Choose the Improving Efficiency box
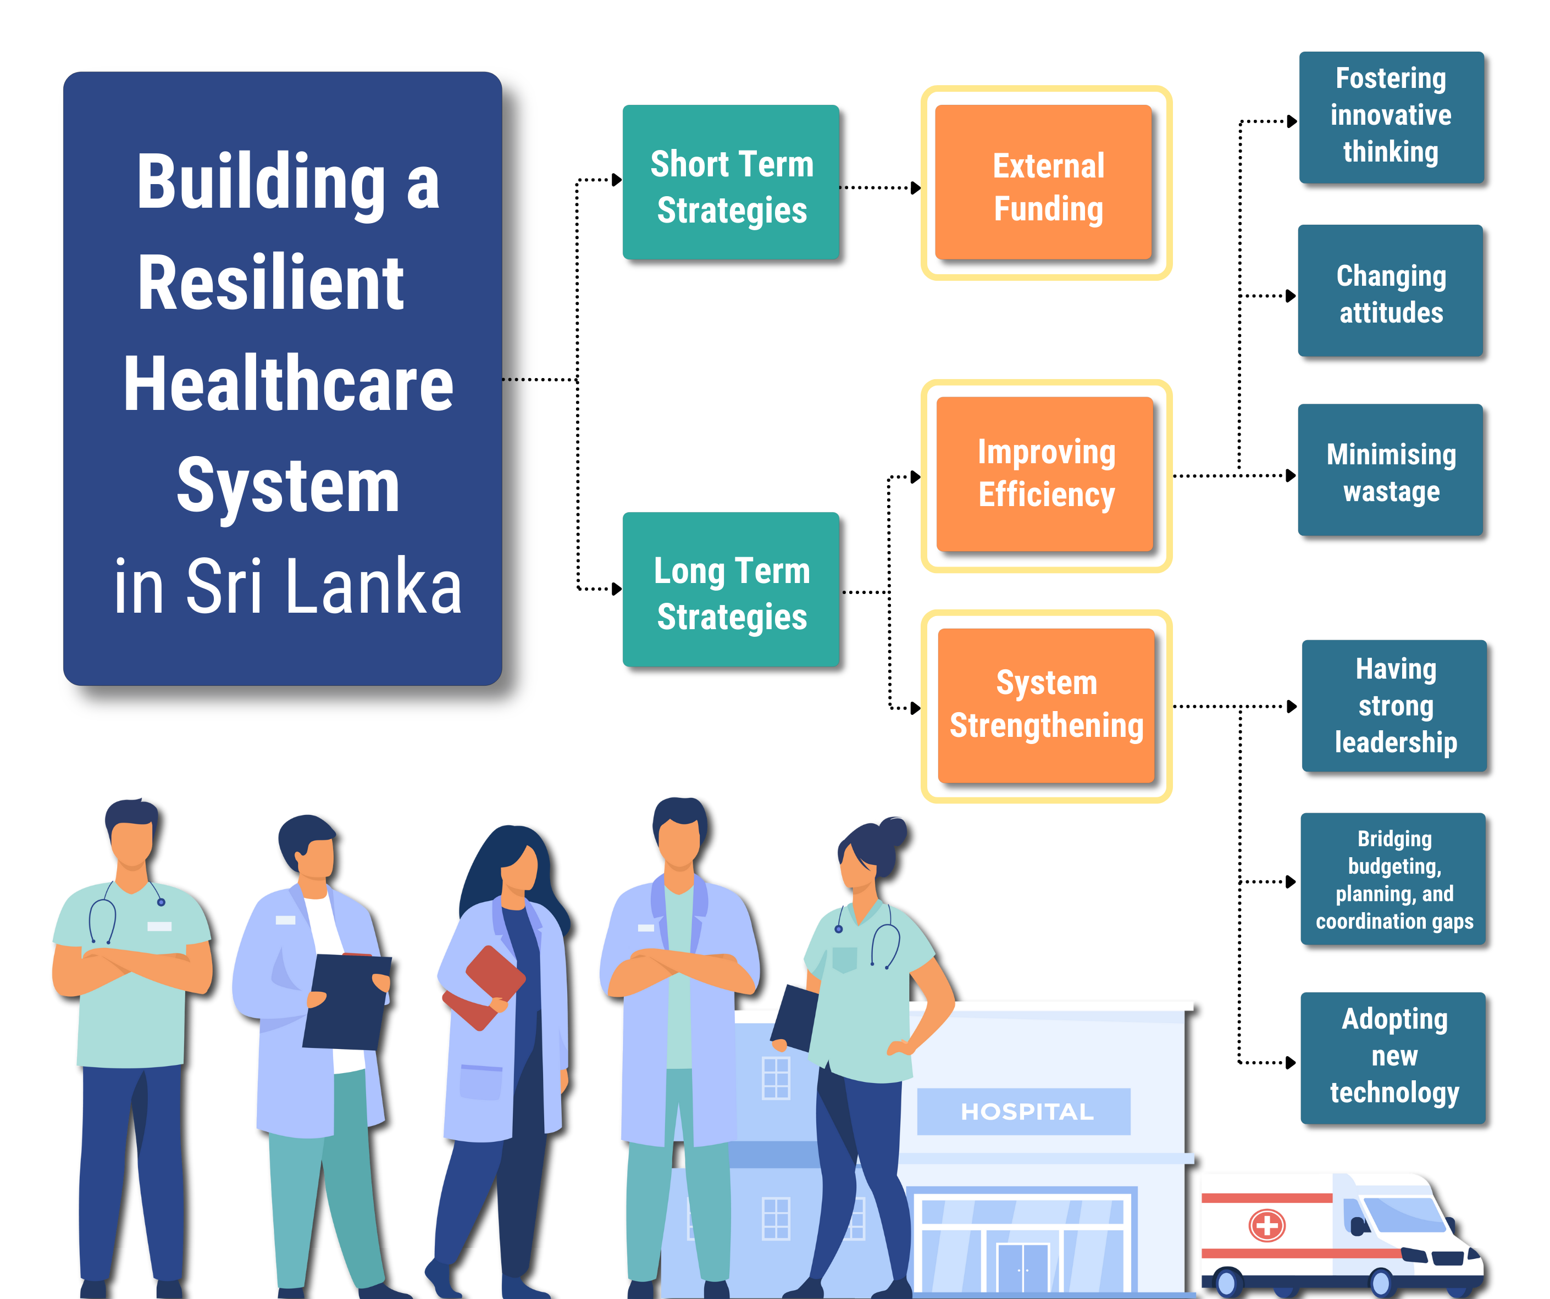[x=1045, y=474]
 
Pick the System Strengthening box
[x=1046, y=705]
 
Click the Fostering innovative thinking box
[x=1391, y=116]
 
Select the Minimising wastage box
[x=1391, y=470]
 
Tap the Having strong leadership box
[x=1394, y=706]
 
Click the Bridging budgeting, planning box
[x=1393, y=879]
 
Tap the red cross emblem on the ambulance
[x=1266, y=1226]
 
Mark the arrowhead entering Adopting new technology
[x=1291, y=1063]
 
